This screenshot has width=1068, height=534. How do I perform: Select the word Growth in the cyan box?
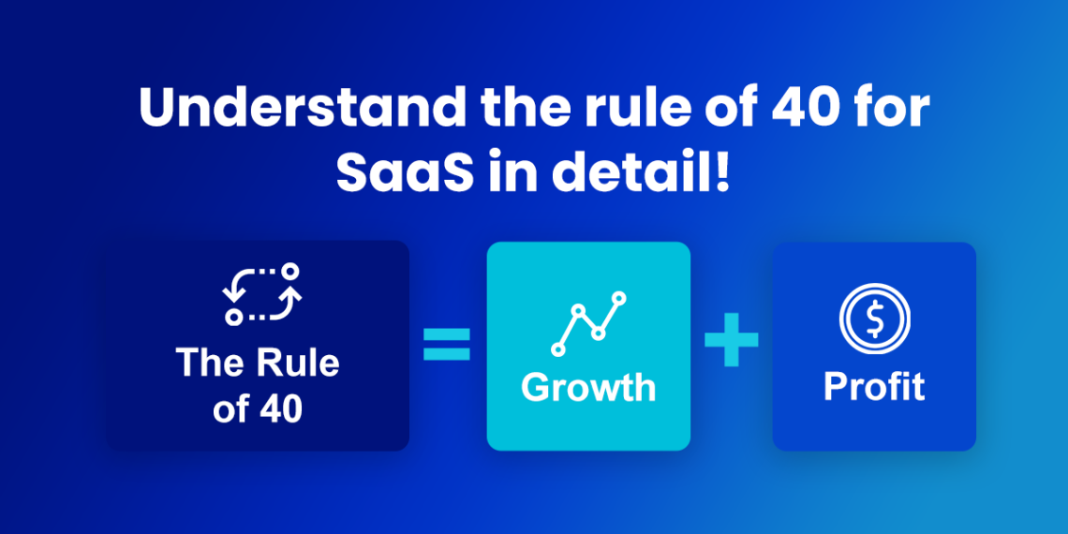point(588,387)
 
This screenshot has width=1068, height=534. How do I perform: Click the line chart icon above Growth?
point(588,322)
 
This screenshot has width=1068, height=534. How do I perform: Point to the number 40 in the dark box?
point(280,409)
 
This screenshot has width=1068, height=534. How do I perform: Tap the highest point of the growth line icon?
point(618,299)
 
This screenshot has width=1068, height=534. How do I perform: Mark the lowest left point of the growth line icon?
point(559,349)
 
